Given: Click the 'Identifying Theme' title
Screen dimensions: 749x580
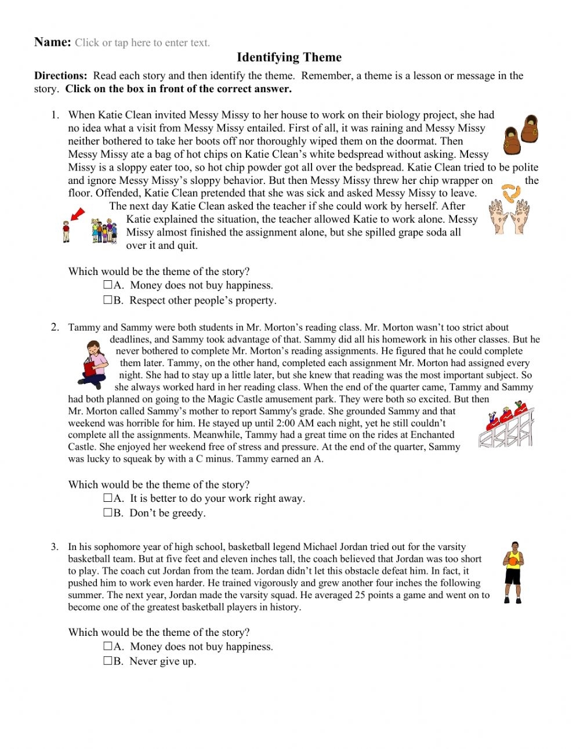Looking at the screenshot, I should click(x=289, y=57).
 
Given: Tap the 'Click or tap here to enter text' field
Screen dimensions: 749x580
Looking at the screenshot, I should click(x=142, y=43).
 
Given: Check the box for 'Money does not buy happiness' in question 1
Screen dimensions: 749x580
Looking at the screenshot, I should click(x=108, y=285).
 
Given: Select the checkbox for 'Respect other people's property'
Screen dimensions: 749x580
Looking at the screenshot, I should click(x=108, y=300).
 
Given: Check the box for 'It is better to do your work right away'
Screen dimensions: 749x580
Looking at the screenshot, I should click(x=108, y=498).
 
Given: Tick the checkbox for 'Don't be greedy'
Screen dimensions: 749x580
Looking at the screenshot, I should click(x=108, y=513).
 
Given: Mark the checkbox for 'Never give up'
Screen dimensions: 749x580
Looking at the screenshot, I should click(x=108, y=661).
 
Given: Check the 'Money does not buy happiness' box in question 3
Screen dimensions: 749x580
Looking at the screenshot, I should click(x=108, y=646).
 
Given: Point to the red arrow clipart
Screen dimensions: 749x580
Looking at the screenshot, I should click(x=77, y=215).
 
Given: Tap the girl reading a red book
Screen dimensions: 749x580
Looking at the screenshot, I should click(x=93, y=364).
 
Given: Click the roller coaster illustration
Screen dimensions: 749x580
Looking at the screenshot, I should click(x=506, y=426).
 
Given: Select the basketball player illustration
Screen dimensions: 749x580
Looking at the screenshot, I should click(x=513, y=573).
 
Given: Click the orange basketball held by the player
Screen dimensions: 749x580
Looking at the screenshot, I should click(x=513, y=559).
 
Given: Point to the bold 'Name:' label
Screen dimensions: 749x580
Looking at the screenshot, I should click(x=52, y=42).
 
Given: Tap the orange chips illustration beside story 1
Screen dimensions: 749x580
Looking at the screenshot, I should click(x=509, y=192).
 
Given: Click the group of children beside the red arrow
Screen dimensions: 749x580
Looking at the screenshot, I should click(x=104, y=230).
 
